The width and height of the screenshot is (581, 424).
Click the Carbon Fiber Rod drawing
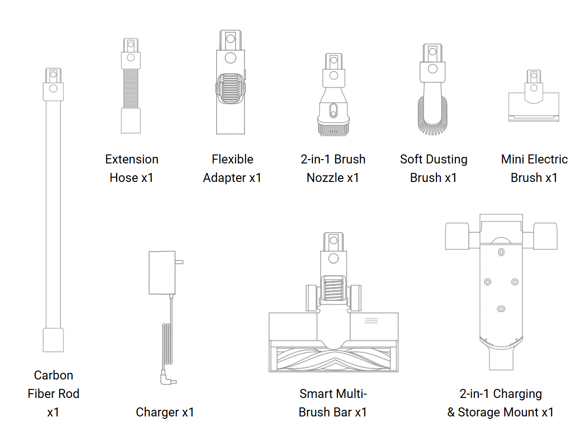tap(53, 208)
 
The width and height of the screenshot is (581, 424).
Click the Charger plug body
tap(162, 272)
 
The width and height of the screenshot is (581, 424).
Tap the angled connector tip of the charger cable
tap(169, 379)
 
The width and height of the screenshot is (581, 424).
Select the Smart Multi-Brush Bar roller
tap(333, 357)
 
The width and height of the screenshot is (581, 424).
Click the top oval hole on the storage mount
tap(501, 253)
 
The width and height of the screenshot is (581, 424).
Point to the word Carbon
tap(54, 375)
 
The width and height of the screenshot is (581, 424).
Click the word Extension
tap(132, 159)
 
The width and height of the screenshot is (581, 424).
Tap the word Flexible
tap(232, 159)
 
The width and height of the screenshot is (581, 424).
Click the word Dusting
tap(447, 159)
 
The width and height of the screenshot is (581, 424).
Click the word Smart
tap(315, 394)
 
